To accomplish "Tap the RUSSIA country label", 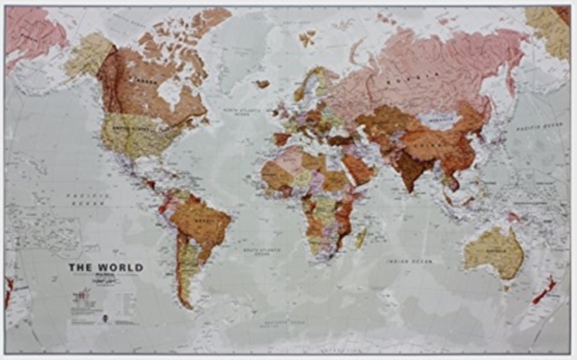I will pos(400,79).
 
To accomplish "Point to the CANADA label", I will pos(142,82).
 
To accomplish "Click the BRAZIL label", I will pos(206,220).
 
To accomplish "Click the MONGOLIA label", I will pos(440,116).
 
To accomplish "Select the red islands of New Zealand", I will pos(545,290).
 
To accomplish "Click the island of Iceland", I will pos(261,83).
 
